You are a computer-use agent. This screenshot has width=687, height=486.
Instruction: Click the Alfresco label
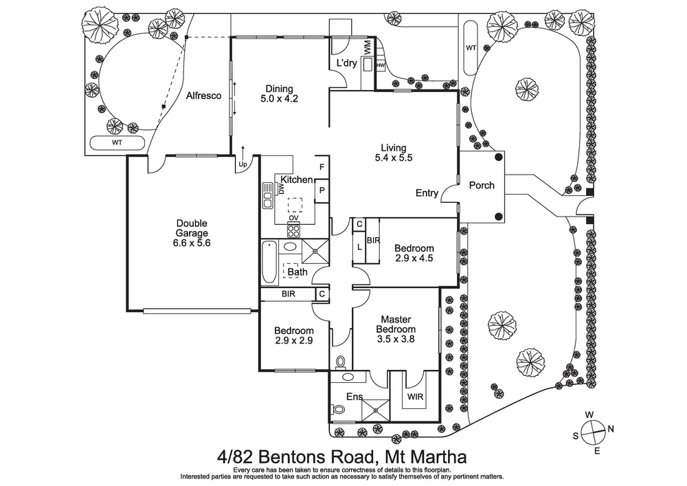(203, 96)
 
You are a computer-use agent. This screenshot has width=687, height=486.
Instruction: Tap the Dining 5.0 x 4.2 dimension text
(280, 98)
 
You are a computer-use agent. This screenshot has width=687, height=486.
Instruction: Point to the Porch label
(482, 186)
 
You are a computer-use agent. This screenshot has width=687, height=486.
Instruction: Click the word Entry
(427, 193)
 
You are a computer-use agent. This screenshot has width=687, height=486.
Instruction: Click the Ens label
(354, 397)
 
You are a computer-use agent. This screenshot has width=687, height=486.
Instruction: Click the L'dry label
(346, 63)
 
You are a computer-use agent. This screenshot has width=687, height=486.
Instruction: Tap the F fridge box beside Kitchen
(322, 167)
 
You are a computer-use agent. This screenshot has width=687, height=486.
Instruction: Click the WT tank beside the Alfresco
(117, 142)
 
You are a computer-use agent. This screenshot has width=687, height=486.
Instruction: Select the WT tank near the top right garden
(471, 47)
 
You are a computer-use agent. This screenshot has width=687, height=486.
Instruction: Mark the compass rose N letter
(611, 430)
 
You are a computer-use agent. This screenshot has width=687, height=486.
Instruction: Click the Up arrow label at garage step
(242, 165)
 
